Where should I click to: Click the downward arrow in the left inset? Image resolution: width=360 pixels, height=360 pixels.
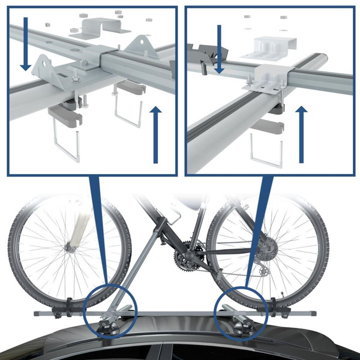click(24, 42)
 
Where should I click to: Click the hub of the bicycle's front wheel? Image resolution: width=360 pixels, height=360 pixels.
click(71, 245)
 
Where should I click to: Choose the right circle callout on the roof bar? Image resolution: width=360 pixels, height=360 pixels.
click(242, 313)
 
